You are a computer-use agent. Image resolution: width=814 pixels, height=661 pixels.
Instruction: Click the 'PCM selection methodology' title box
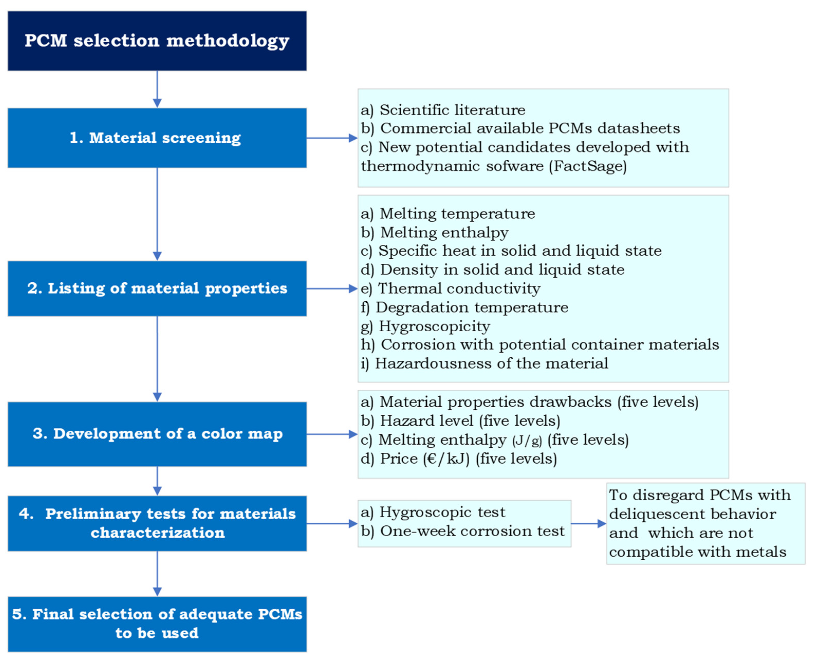(x=157, y=41)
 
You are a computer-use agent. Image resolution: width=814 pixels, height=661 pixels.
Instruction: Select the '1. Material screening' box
(x=157, y=138)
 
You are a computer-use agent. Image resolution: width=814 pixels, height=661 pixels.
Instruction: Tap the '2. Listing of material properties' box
(x=157, y=288)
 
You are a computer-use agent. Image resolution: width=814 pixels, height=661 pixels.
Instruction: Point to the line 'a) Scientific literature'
(x=443, y=110)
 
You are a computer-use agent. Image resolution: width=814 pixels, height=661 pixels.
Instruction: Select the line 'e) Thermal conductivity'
(x=450, y=288)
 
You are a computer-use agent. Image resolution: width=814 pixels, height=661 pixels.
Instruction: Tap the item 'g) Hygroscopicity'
(x=425, y=326)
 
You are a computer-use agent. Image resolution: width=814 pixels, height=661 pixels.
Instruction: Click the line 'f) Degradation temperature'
(x=464, y=307)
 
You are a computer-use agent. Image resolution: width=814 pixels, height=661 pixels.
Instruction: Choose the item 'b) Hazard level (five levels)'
(x=460, y=421)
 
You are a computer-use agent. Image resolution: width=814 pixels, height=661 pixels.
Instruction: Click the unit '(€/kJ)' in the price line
(x=446, y=458)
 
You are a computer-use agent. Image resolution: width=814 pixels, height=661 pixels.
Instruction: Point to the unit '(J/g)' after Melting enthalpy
(x=527, y=440)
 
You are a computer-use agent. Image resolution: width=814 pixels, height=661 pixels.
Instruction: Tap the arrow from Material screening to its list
(x=331, y=138)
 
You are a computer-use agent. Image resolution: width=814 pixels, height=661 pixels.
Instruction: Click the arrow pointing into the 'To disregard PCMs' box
(x=588, y=524)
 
